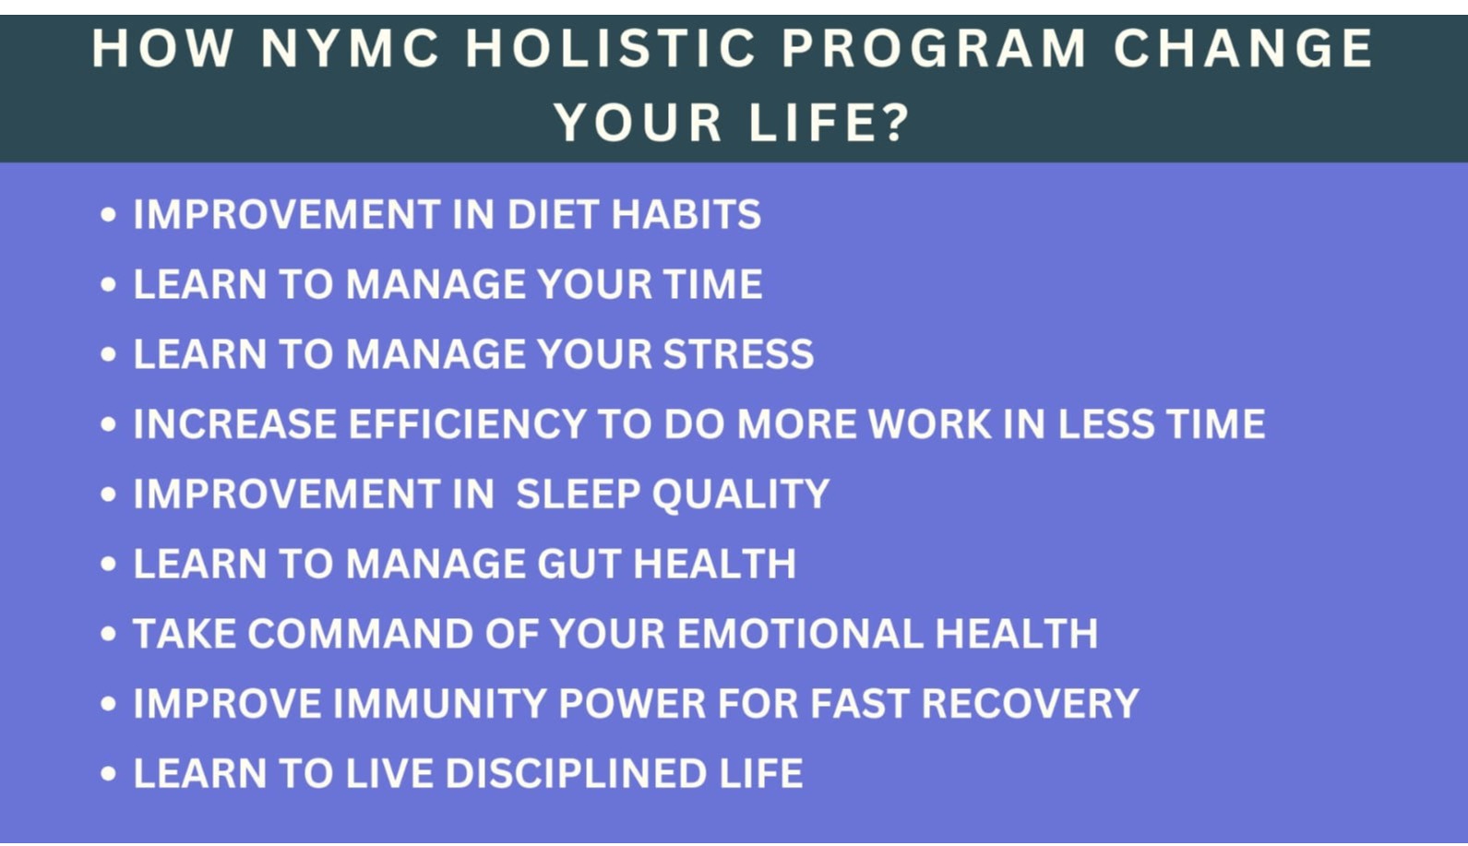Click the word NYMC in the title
(350, 48)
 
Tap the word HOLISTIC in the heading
(611, 48)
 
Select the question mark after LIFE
(892, 122)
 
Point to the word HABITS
(686, 214)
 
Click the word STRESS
(738, 354)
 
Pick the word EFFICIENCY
(467, 423)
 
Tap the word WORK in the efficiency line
(930, 423)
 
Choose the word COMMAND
(360, 634)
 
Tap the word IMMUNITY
(440, 703)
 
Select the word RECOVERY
(1031, 703)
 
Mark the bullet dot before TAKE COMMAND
(108, 634)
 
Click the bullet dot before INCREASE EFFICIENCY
(108, 424)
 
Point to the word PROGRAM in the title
(935, 48)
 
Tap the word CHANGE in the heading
(1243, 48)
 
